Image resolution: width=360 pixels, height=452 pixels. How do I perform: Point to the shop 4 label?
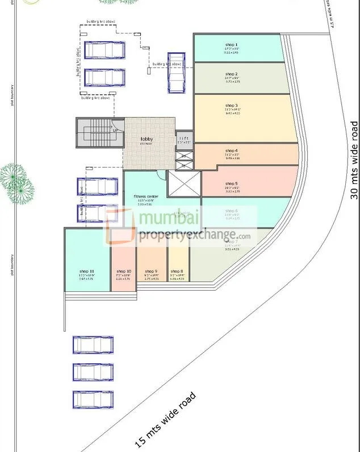[231, 150]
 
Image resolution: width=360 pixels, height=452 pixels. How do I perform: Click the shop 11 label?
[88, 271]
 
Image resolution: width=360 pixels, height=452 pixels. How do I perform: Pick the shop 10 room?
[123, 267]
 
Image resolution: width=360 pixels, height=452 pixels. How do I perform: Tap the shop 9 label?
[151, 271]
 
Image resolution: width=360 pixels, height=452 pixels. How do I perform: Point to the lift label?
[183, 139]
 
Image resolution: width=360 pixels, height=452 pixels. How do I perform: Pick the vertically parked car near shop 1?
[175, 72]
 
